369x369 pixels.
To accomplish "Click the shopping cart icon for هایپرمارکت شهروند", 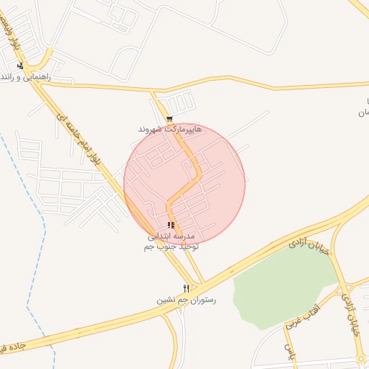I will click(x=169, y=119).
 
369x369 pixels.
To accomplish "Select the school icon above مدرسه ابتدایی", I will click(x=171, y=226).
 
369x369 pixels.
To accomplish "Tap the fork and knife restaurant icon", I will click(x=186, y=288).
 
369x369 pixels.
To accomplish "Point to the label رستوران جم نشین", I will click(x=187, y=299).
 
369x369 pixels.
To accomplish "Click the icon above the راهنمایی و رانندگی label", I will click(x=20, y=66).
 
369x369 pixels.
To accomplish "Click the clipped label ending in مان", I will click(x=363, y=113).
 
